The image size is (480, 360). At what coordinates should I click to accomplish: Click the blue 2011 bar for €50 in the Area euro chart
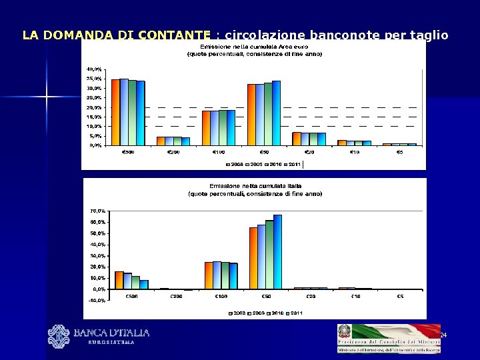pyautogui.click(x=276, y=113)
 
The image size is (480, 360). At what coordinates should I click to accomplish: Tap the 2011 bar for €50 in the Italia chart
pyautogui.click(x=277, y=252)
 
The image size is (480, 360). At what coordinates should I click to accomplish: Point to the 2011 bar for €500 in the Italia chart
pyautogui.click(x=143, y=285)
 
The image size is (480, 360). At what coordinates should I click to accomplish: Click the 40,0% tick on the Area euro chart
pyautogui.click(x=94, y=69)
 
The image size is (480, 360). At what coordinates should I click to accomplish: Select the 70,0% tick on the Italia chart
pyautogui.click(x=97, y=211)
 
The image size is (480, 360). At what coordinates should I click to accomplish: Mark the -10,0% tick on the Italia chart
pyautogui.click(x=97, y=300)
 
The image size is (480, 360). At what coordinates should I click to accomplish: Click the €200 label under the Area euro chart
pyautogui.click(x=172, y=153)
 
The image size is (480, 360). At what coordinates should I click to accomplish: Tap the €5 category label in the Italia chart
pyautogui.click(x=399, y=296)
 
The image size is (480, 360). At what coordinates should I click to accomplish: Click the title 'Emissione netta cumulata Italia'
pyautogui.click(x=254, y=186)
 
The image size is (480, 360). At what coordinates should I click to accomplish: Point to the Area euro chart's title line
pyautogui.click(x=254, y=47)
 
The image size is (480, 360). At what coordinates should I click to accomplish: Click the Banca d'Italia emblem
pyautogui.click(x=59, y=335)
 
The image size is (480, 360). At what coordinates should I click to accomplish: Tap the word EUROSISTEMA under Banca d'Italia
pyautogui.click(x=111, y=343)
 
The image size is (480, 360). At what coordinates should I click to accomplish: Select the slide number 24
pyautogui.click(x=443, y=335)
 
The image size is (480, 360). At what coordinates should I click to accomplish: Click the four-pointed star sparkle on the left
pyautogui.click(x=47, y=97)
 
